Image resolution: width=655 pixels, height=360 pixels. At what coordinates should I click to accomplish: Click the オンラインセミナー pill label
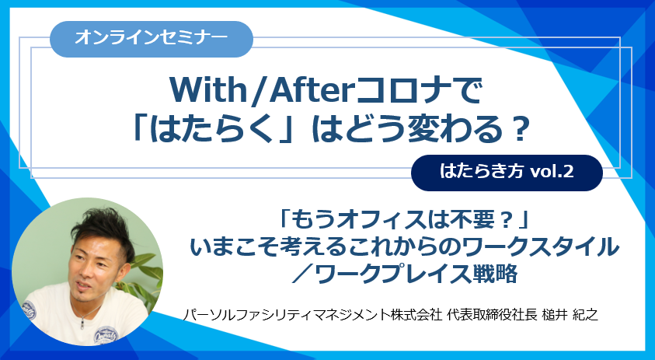coord(152,39)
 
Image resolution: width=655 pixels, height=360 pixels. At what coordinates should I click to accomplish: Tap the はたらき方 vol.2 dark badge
coord(507,173)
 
